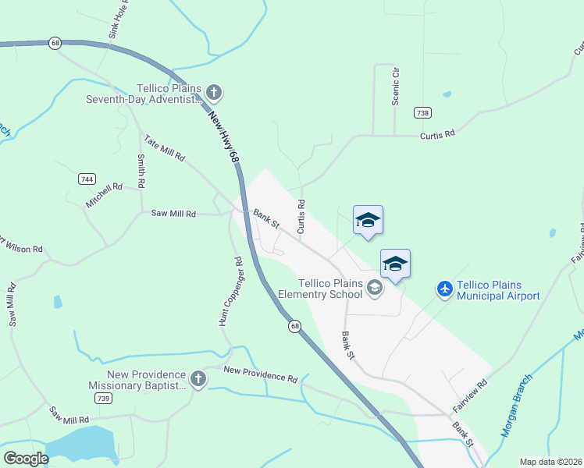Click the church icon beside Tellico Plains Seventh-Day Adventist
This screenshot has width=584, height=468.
pyautogui.click(x=214, y=94)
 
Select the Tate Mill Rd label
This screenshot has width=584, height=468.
pyautogui.click(x=164, y=147)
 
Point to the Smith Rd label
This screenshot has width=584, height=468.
pyautogui.click(x=141, y=172)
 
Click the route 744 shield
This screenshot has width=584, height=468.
pyautogui.click(x=87, y=179)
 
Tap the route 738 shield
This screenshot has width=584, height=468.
pyautogui.click(x=422, y=112)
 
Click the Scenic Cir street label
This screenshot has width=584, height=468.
pyautogui.click(x=396, y=86)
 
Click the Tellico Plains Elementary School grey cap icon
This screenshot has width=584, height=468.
pyautogui.click(x=375, y=289)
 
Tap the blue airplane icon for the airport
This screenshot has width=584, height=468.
pyautogui.click(x=445, y=289)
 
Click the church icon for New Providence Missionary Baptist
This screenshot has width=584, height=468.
pyautogui.click(x=198, y=380)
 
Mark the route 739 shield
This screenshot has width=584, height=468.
pyautogui.click(x=102, y=398)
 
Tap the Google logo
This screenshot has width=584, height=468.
pyautogui.click(x=26, y=458)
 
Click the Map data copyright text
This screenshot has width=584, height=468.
pyautogui.click(x=550, y=462)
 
